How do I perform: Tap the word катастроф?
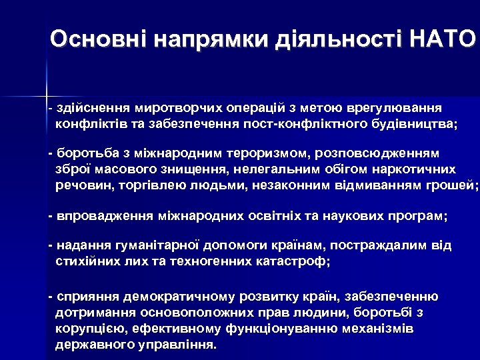pyautogui.click(x=293, y=261)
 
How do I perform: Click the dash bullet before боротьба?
pyautogui.click(x=51, y=154)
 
